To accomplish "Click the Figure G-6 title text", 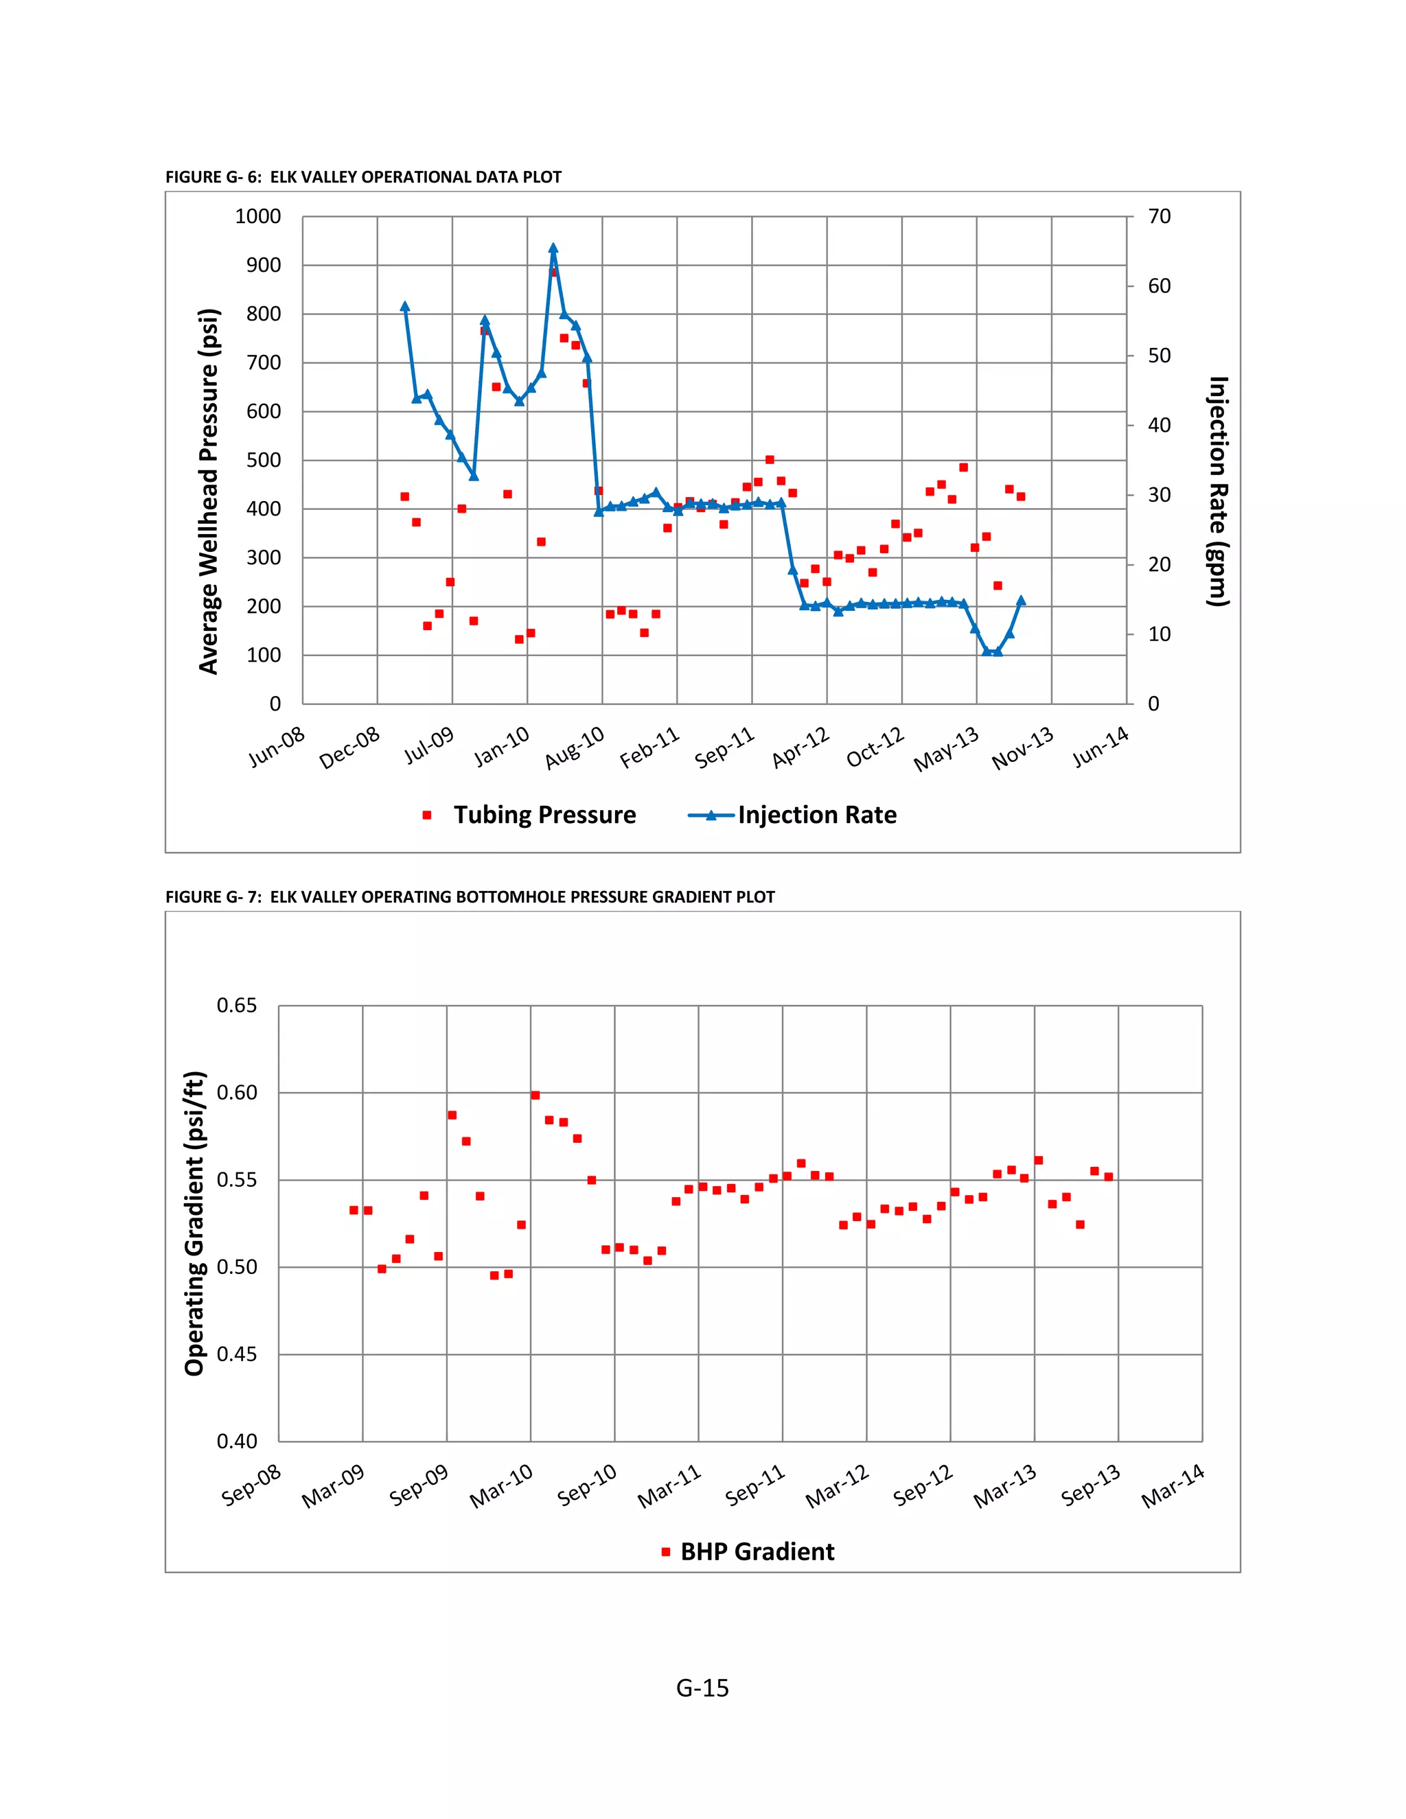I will pos(363,177).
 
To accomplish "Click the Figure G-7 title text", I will pos(470,897).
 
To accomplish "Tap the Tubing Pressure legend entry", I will pos(531,815).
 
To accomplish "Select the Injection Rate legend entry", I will pos(792,815).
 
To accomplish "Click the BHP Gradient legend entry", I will pos(748,1552).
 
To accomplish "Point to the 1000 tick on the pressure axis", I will pos(258,216).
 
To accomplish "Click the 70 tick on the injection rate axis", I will pos(1159,216).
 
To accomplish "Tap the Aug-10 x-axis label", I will pos(575,747).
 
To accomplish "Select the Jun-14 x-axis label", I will pos(1100,746).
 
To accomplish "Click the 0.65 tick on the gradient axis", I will pos(238,1006).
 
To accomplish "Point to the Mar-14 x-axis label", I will pos(1173,1487).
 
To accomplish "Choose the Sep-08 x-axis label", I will pos(251,1487).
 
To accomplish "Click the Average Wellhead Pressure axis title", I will pos(208,491).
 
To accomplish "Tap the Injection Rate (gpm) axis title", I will pos(1218,491).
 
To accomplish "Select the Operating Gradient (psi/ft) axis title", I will pos(194,1225).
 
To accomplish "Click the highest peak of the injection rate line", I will pos(553,248).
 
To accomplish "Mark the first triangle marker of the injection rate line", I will pos(405,307).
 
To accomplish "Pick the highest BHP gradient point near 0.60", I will pos(535,1096).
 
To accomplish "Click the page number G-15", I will pos(702,1689).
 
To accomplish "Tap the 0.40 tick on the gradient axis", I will pos(238,1441).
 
